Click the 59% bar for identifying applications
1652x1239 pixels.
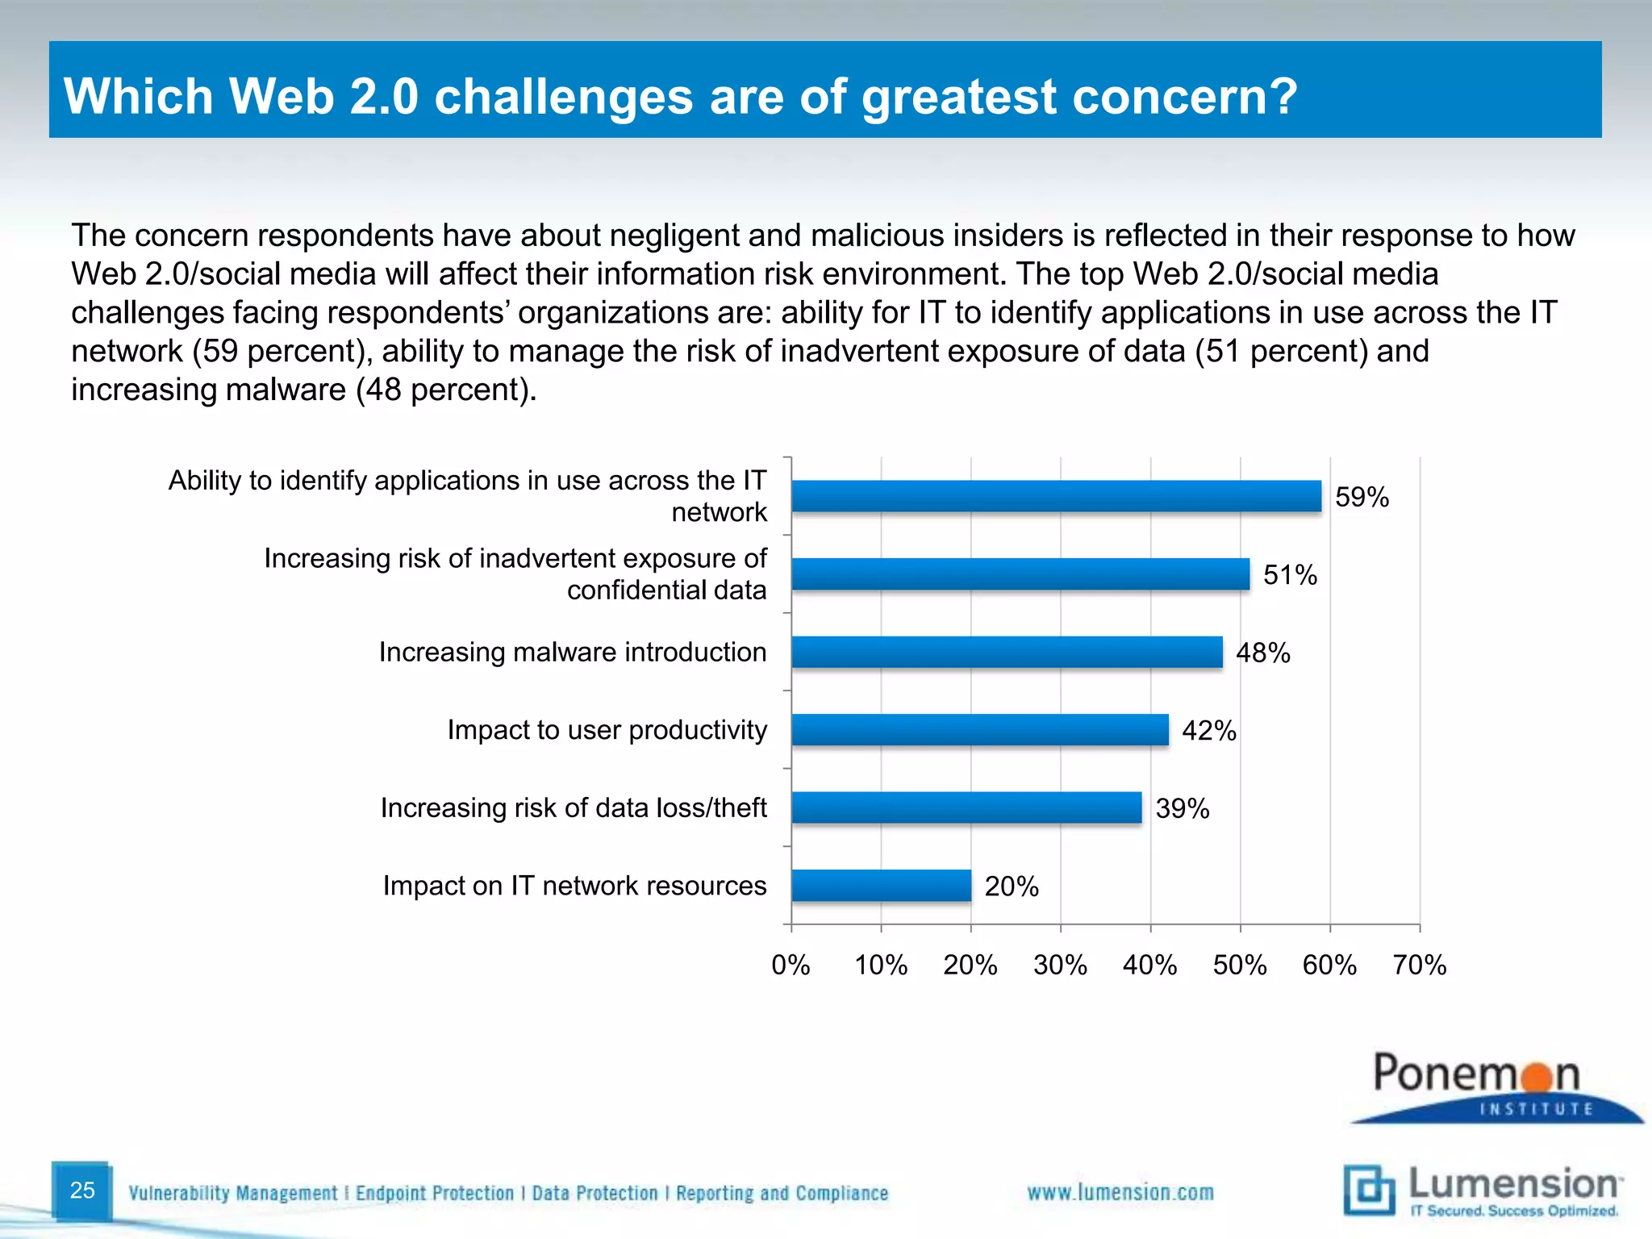[1056, 496]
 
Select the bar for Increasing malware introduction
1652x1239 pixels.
[1007, 652]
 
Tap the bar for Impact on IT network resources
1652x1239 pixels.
[881, 886]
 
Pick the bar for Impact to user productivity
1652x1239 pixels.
[979, 730]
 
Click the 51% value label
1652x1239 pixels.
[1290, 575]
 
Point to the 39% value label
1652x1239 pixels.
[1182, 808]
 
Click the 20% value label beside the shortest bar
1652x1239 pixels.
[1011, 886]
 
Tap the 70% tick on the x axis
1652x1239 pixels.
[1420, 965]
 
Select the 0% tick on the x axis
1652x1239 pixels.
[791, 965]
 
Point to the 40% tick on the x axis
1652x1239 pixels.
[1149, 965]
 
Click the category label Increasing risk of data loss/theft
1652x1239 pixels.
[573, 807]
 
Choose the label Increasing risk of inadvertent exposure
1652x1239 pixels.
[515, 574]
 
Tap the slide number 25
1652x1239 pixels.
[82, 1190]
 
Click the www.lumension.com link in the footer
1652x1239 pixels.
[1120, 1192]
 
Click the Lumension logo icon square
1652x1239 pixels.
[1368, 1189]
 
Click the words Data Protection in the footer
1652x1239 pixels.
[594, 1193]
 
